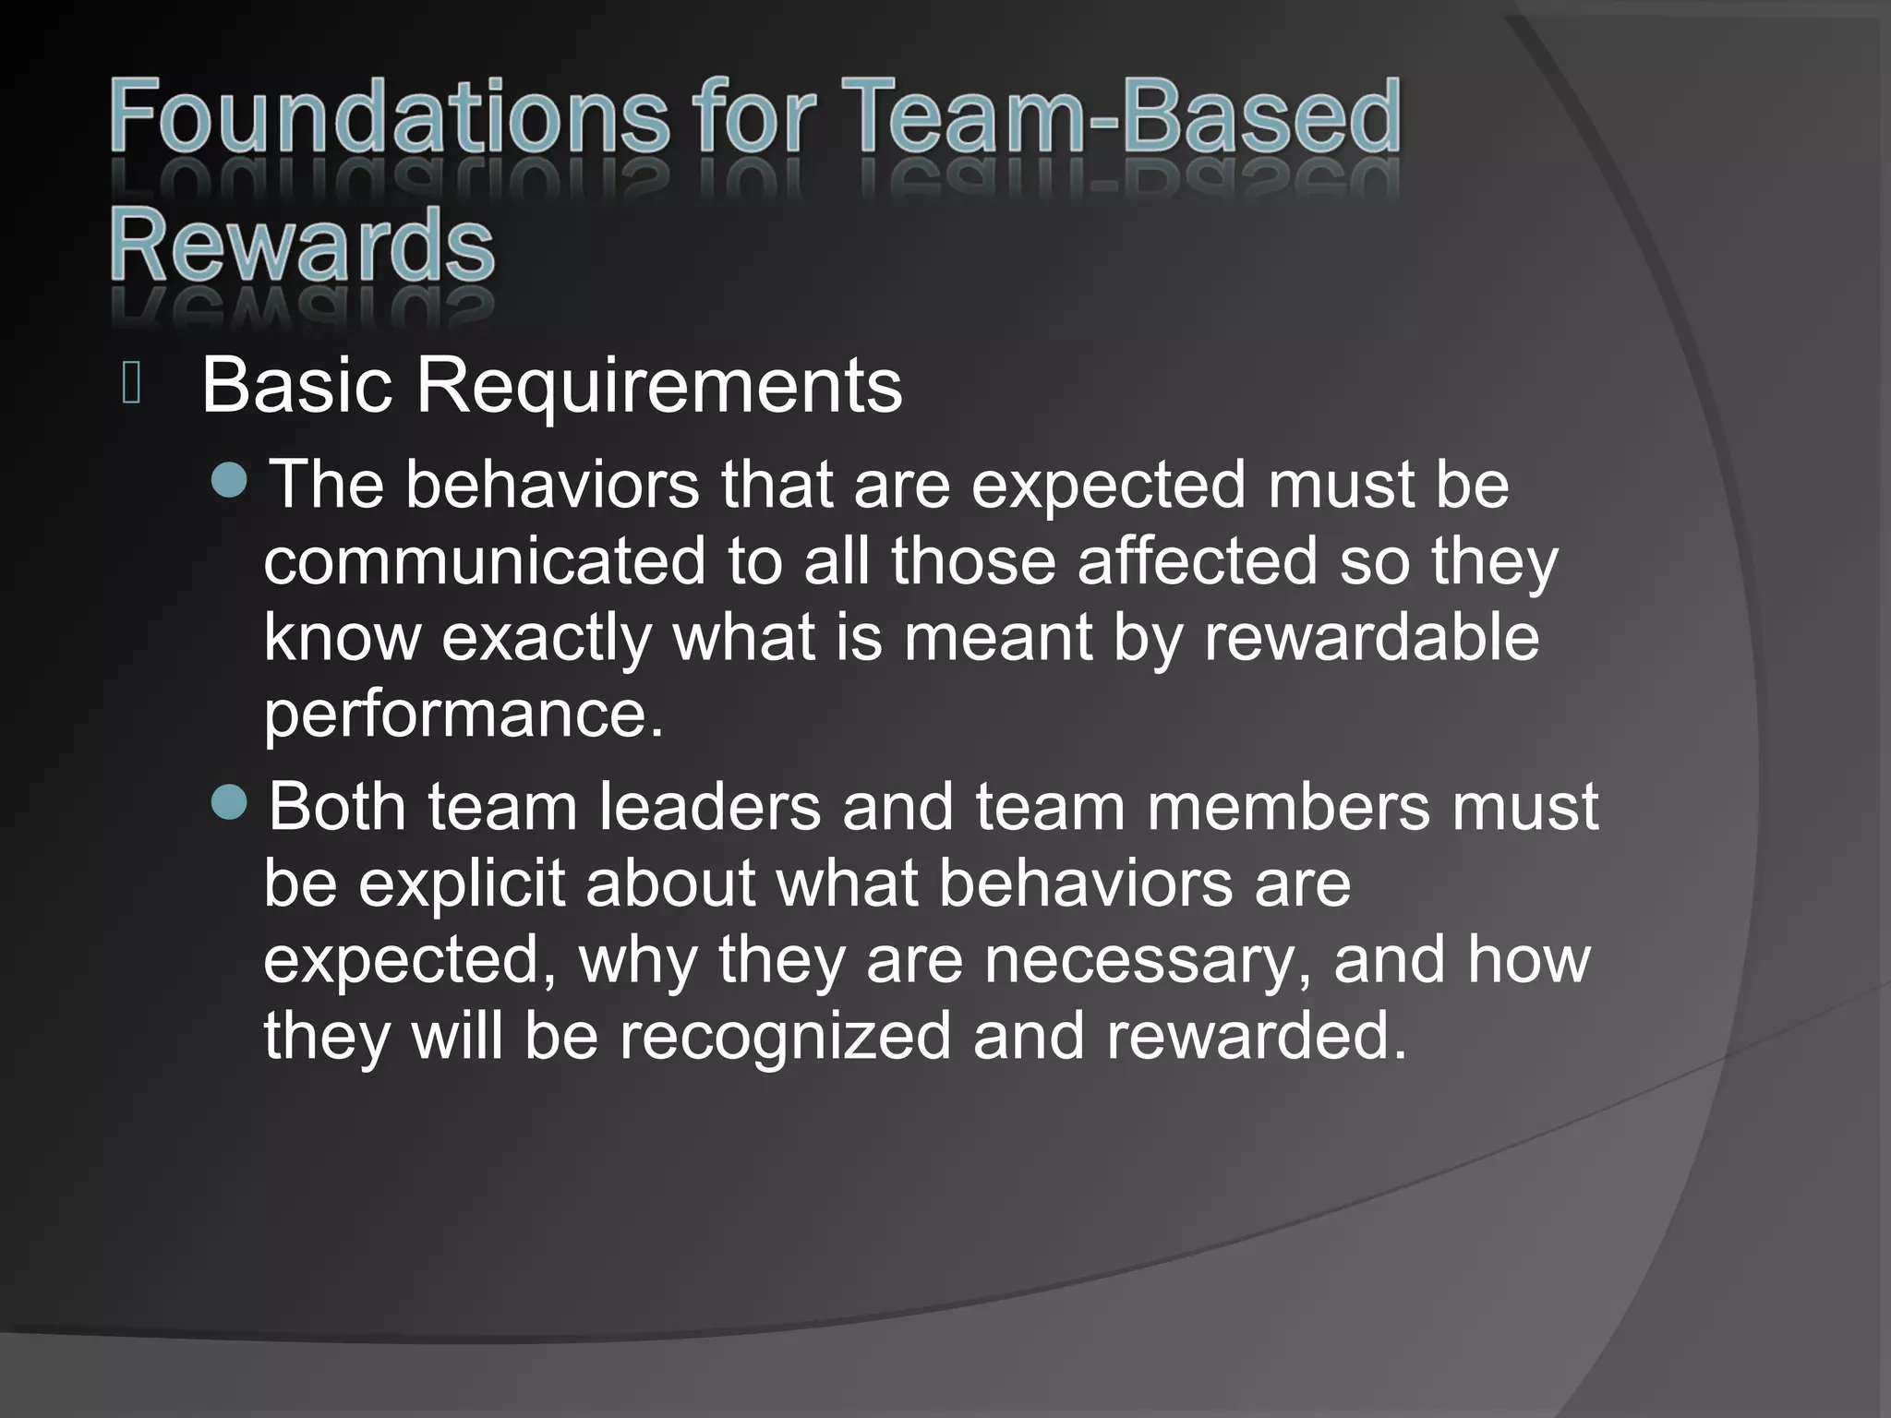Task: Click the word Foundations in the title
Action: click(388, 118)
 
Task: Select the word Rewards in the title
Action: click(302, 246)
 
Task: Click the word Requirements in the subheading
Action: click(658, 385)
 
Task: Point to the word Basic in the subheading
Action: click(296, 385)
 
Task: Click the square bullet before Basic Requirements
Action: click(131, 384)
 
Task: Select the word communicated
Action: click(484, 561)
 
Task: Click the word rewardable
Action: click(1371, 637)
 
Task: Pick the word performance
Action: click(463, 714)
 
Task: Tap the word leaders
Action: click(709, 806)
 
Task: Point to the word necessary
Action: click(1147, 959)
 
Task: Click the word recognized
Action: click(784, 1035)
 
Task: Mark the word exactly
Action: click(547, 639)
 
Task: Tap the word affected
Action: click(1197, 561)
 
